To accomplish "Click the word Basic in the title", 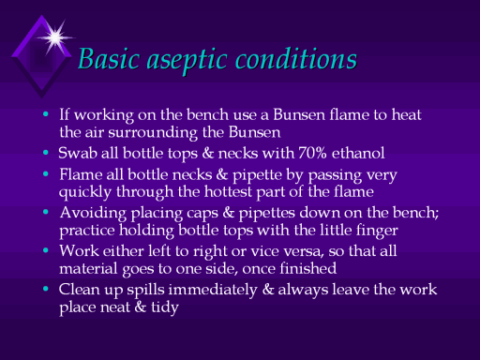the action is [x=109, y=58].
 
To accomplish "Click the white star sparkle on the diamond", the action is [x=55, y=37].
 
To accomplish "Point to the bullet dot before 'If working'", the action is [x=46, y=114].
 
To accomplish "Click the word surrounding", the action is [x=153, y=133].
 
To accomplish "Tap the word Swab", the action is [x=77, y=153].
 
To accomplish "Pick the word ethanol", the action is [x=358, y=153].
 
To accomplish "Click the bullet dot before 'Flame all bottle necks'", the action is [x=46, y=174].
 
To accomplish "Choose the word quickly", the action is [x=85, y=192].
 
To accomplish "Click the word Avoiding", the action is [x=93, y=214].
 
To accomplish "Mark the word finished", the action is [x=307, y=268].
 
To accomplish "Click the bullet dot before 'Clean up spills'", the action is [x=46, y=289].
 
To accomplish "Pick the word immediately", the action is [x=213, y=290].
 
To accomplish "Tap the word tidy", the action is [x=165, y=307].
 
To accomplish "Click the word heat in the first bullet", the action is [x=407, y=114].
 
